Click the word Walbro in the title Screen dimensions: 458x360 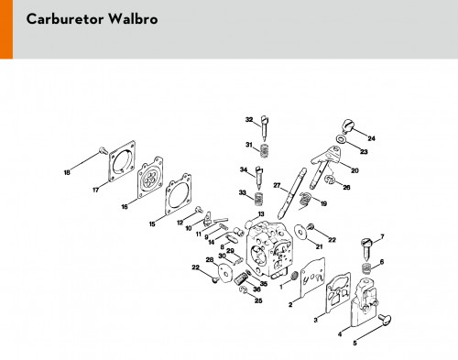click(x=133, y=19)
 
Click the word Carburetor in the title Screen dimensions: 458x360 click(x=65, y=19)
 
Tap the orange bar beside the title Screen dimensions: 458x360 click(x=6, y=29)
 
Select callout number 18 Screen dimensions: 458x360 click(x=67, y=172)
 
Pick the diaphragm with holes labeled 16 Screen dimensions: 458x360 click(x=150, y=178)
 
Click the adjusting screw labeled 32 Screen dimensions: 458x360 click(x=264, y=127)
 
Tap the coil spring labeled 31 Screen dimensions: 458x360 click(x=265, y=151)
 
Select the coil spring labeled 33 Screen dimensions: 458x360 click(x=259, y=199)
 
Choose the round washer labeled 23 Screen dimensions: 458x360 click(x=340, y=139)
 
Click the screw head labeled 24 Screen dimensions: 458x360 click(x=348, y=125)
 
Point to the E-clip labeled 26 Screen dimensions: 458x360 click(x=330, y=180)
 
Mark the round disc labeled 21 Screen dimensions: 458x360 click(x=300, y=233)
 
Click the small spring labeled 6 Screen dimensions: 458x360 click(x=366, y=268)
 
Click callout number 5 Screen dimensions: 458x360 click(x=354, y=343)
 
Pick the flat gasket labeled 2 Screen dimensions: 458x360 click(x=312, y=278)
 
